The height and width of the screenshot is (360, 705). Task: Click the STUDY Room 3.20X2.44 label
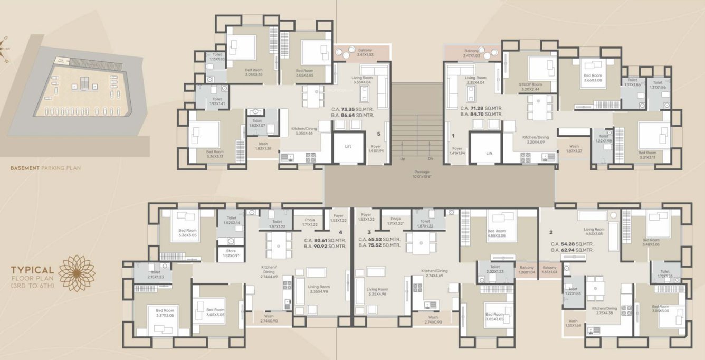click(530, 87)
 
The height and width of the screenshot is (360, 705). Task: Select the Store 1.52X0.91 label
click(230, 253)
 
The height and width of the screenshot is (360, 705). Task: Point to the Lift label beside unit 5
click(348, 147)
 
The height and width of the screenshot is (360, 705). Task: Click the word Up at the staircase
click(403, 159)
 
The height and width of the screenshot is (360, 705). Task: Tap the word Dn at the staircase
click(430, 159)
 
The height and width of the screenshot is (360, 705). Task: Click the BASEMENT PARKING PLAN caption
click(45, 169)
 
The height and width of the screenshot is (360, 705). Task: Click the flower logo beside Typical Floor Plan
click(77, 273)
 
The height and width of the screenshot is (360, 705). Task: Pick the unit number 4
click(340, 232)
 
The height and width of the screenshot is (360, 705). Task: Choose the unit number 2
click(551, 232)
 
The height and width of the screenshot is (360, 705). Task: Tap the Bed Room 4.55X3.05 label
click(497, 234)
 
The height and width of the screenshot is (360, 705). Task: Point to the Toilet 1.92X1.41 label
click(217, 101)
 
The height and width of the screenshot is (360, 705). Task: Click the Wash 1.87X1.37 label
click(574, 149)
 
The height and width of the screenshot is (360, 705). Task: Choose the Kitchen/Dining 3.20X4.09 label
click(536, 139)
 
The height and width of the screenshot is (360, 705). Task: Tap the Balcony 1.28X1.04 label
click(526, 270)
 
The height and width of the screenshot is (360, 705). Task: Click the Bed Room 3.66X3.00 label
click(593, 78)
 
